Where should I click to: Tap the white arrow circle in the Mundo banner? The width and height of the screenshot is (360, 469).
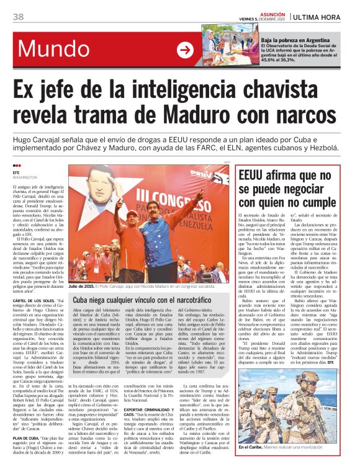(185, 50)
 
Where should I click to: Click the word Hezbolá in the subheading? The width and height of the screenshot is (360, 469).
(322, 151)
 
